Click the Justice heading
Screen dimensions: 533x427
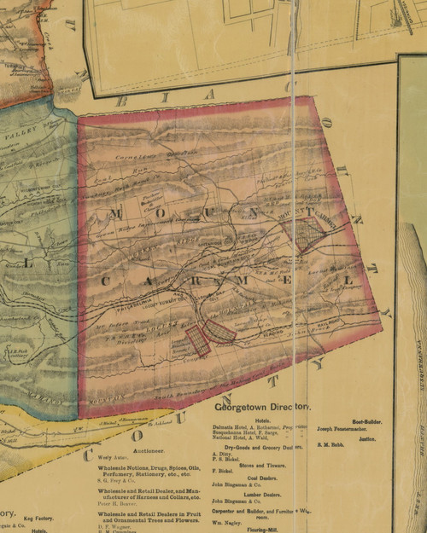[367, 438]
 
